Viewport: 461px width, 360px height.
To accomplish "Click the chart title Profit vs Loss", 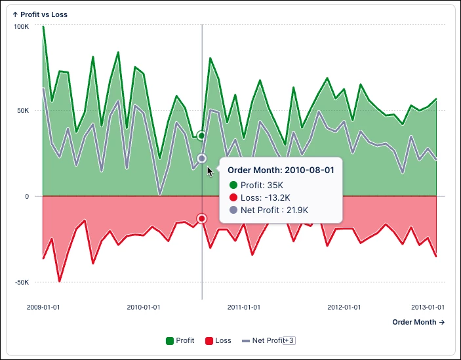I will coord(40,14).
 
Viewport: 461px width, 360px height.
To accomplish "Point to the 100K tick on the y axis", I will coord(22,27).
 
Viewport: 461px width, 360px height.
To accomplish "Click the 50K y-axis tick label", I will coord(23,110).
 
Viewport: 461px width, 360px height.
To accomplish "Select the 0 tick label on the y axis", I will coord(27,196).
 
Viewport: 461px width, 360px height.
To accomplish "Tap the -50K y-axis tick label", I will coord(22,283).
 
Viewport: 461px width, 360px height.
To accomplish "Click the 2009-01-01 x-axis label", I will coord(43,307).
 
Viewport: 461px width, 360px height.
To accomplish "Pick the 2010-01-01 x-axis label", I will coord(143,307).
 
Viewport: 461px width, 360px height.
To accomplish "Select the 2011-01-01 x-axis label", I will coord(243,307).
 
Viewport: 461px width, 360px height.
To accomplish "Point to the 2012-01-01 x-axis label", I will coord(344,307).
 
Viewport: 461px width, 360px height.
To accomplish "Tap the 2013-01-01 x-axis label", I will coord(428,307).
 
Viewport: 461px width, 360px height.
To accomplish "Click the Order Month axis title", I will coord(418,322).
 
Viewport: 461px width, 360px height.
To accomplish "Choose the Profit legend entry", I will coord(180,340).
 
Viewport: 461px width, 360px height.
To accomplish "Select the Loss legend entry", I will coord(218,340).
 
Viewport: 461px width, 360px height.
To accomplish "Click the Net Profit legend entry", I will coord(265,340).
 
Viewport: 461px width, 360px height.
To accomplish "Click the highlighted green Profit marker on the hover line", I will coord(202,136).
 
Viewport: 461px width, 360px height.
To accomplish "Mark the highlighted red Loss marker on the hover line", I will coord(202,218).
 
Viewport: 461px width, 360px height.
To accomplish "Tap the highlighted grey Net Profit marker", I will coord(202,159).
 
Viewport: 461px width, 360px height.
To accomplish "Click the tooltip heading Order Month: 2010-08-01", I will coord(280,170).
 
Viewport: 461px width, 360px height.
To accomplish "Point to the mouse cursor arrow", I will coord(210,171).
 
